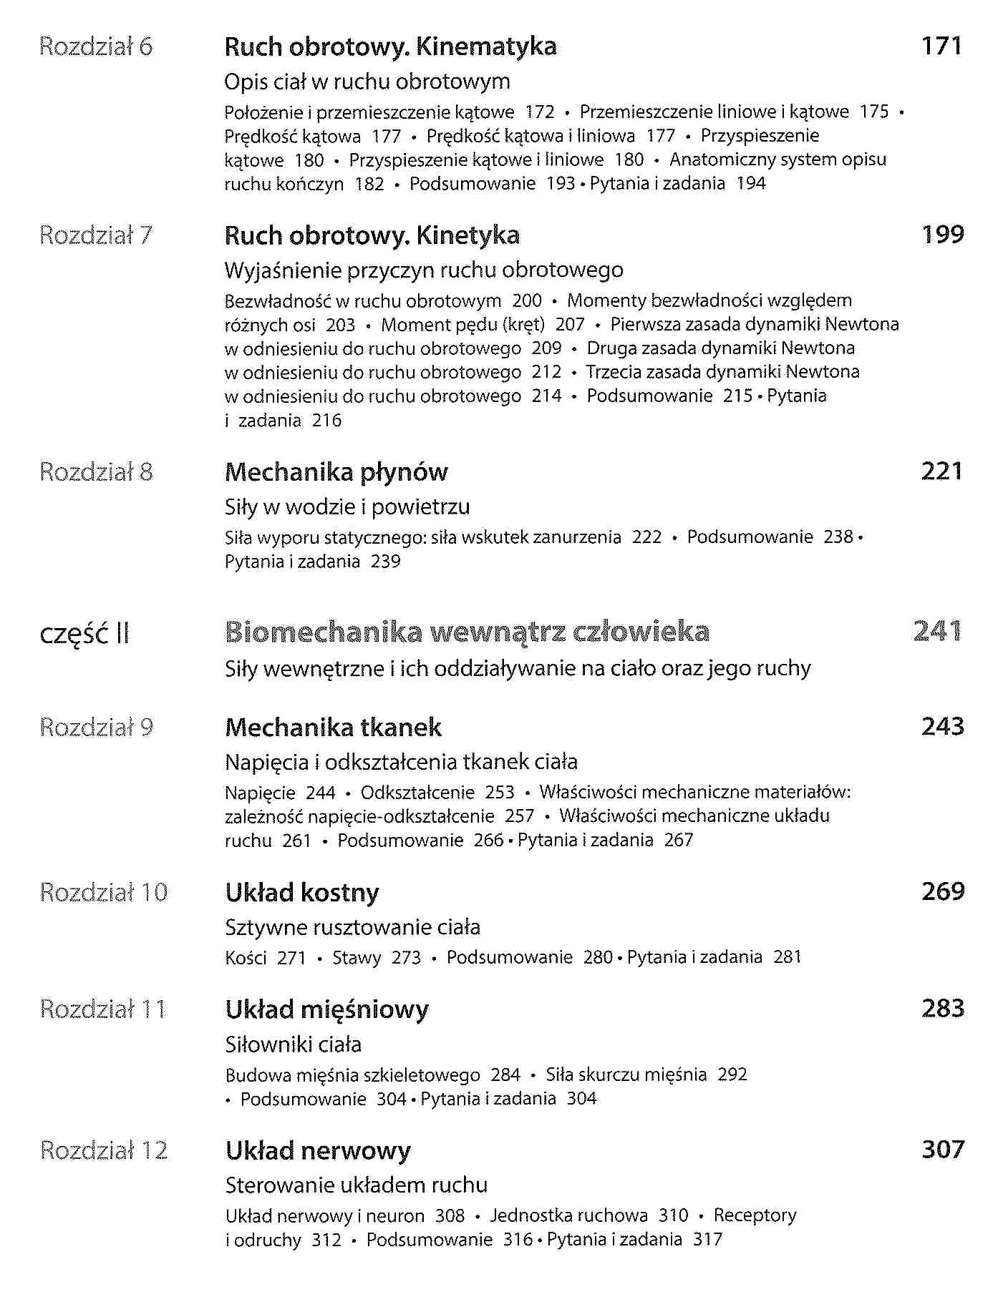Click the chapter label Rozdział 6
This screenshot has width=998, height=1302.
pos(96,47)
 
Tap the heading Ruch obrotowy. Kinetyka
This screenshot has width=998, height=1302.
pos(372,235)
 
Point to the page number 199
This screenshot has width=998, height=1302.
pos(942,235)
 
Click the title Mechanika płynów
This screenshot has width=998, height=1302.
pos(336,472)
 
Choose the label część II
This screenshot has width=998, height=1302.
pos(84,634)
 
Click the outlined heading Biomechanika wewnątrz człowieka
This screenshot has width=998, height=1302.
pos(467,632)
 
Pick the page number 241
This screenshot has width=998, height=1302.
pos(937,632)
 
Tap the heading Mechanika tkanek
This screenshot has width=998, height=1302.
pos(333,728)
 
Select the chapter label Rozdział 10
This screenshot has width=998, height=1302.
pos(104,893)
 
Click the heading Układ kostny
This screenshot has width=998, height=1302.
pos(301,893)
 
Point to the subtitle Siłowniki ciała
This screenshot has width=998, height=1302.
pos(293,1044)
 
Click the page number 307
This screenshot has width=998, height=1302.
pos(942,1150)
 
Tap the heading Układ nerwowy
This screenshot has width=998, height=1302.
pos(318,1151)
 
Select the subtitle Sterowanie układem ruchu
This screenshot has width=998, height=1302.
pos(356,1185)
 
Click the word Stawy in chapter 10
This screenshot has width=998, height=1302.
pos(356,957)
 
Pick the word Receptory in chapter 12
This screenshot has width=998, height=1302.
pos(755,1215)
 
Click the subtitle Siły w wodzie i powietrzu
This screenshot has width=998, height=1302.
pos(347,507)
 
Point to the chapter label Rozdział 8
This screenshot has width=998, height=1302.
pos(96,472)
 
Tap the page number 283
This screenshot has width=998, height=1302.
pos(942,1009)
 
